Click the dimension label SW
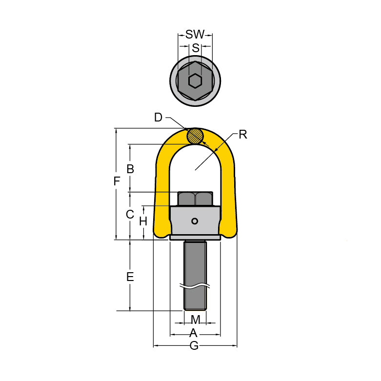pos(195,35)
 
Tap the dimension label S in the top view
pos(195,48)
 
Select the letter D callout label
pos(158,118)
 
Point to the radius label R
pos(242,135)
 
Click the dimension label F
pos(116,182)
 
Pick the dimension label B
pos(130,169)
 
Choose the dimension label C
pos(130,214)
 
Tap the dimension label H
pos(143,221)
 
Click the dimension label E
pos(130,277)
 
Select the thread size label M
pos(195,320)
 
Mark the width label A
pos(193,333)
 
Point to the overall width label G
pos(194,346)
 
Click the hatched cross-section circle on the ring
pos(195,136)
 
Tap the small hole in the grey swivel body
pos(195,221)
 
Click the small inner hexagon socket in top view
pos(195,80)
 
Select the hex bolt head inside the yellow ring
pos(195,199)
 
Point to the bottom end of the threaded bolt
pos(195,308)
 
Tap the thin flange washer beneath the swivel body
pos(195,239)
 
